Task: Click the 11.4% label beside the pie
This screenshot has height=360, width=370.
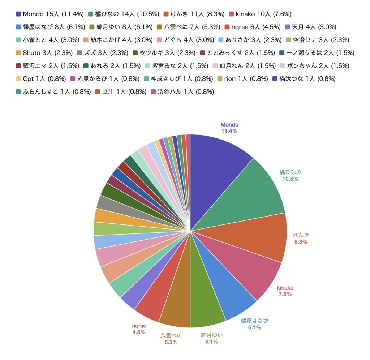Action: (x=229, y=131)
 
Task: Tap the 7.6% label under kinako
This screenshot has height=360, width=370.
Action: (x=285, y=294)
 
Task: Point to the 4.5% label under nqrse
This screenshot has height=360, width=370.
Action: (x=138, y=332)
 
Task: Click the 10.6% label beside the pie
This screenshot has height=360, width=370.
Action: (x=291, y=179)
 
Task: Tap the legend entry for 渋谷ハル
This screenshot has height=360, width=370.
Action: (x=182, y=92)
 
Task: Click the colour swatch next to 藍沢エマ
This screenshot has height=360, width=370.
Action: (x=18, y=66)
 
